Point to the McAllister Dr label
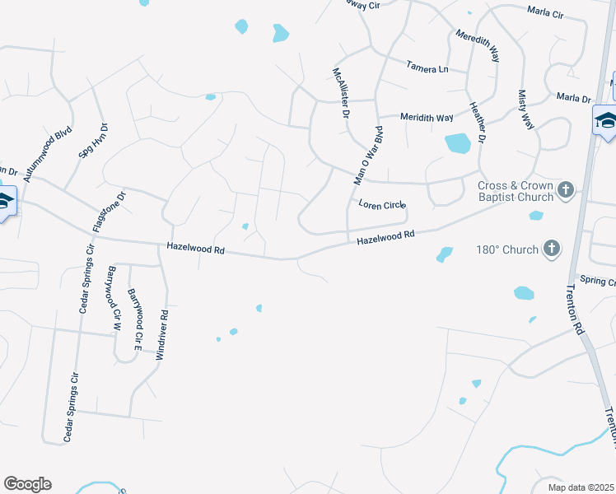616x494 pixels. point(341,96)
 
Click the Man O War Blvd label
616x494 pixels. point(368,156)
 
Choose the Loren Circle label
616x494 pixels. point(382,205)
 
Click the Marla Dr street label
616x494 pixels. point(574,98)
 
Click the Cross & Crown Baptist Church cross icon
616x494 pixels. point(565,190)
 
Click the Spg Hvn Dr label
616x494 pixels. point(92,146)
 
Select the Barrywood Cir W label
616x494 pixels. point(115,297)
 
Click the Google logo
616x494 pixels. point(27,484)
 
